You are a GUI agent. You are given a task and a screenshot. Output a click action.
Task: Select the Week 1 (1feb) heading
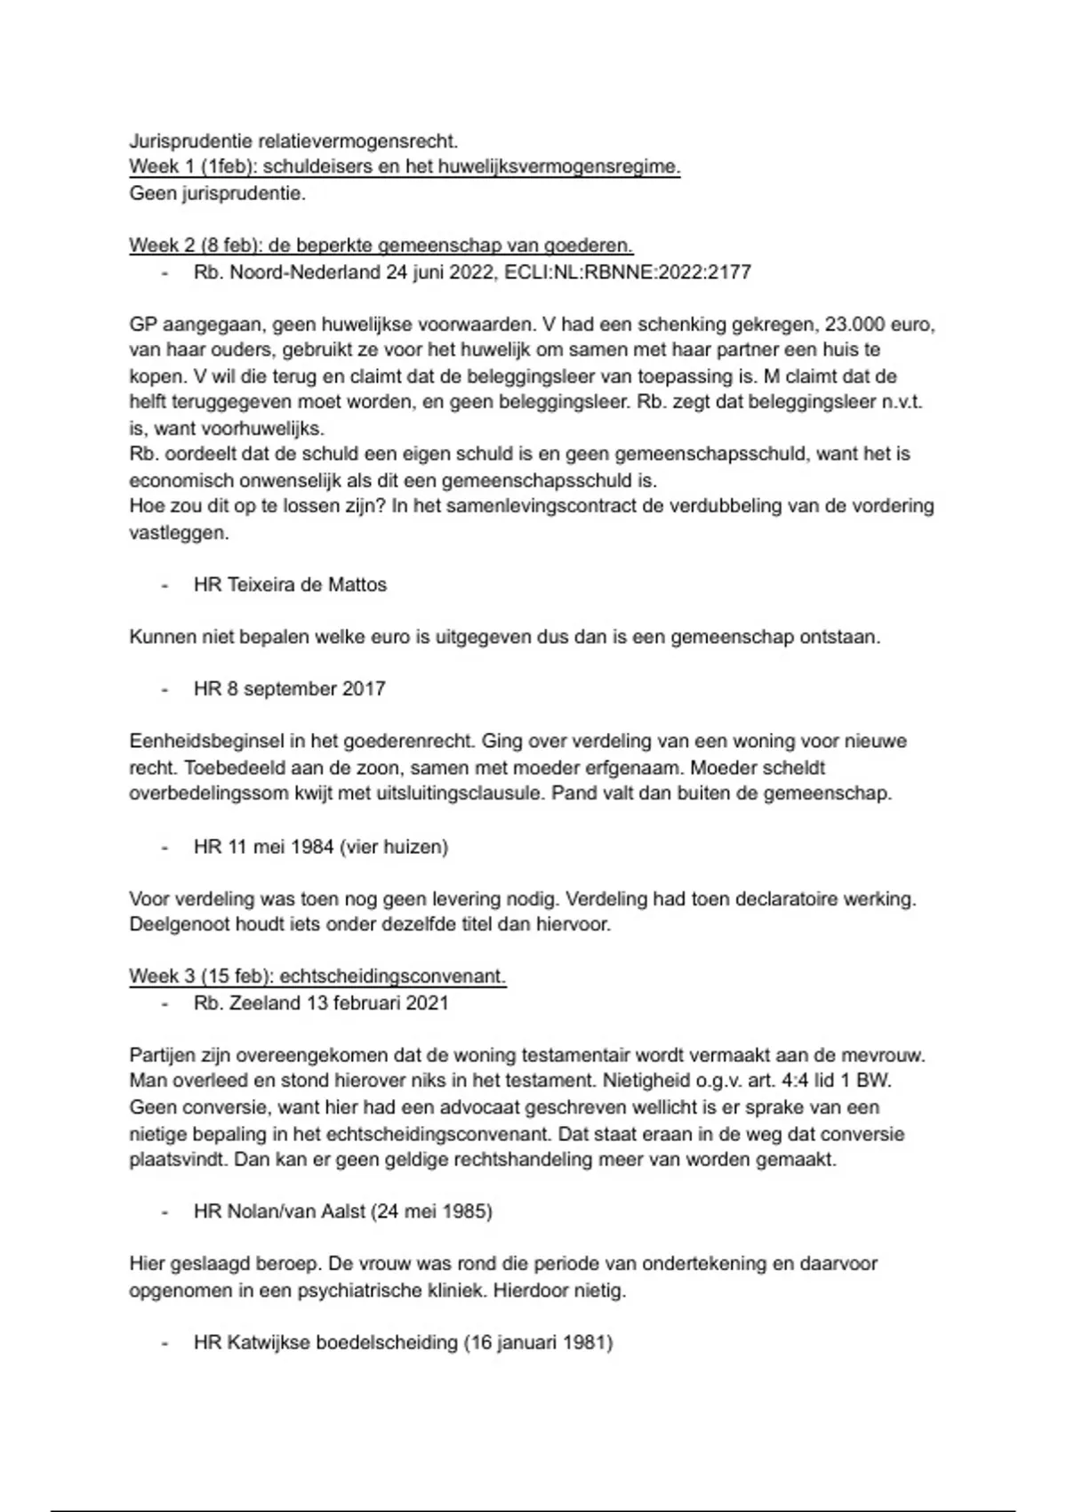point(405,166)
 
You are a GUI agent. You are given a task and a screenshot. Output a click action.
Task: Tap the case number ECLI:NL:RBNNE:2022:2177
point(627,271)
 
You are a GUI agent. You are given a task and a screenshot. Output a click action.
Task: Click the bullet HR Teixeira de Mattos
point(290,584)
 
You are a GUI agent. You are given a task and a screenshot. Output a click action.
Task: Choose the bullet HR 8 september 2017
point(289,688)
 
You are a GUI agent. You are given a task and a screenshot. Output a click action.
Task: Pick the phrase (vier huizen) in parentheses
point(393,846)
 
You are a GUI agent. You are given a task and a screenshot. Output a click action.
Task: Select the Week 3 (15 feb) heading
point(317,976)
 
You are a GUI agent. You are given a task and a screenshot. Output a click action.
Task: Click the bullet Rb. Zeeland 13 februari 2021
point(321,1002)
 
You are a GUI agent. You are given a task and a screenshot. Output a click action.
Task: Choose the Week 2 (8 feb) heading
point(381,245)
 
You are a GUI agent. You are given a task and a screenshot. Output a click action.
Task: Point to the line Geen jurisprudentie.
point(218,193)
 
